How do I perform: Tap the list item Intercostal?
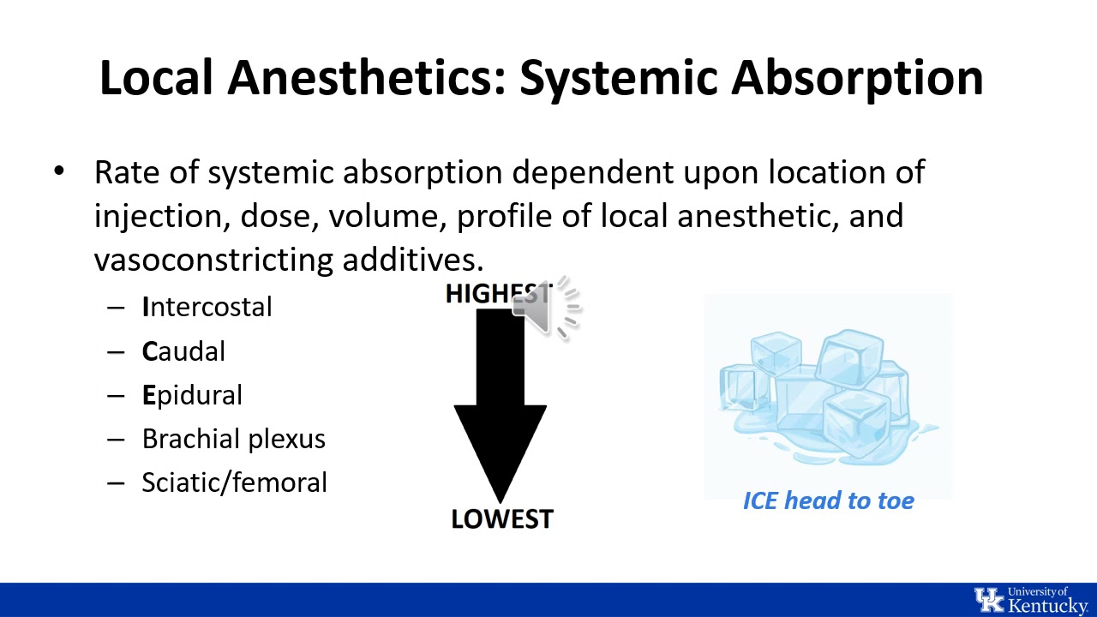pos(207,308)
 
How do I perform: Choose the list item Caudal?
pos(183,351)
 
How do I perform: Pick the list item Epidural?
pos(192,395)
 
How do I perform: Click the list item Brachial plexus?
pos(233,439)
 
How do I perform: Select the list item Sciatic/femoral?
pos(234,482)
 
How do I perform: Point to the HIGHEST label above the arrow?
pos(484,294)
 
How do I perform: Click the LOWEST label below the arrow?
pos(502,519)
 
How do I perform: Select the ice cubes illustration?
pos(828,394)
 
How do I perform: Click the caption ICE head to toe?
pos(828,500)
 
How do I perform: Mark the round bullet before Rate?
pos(58,171)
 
